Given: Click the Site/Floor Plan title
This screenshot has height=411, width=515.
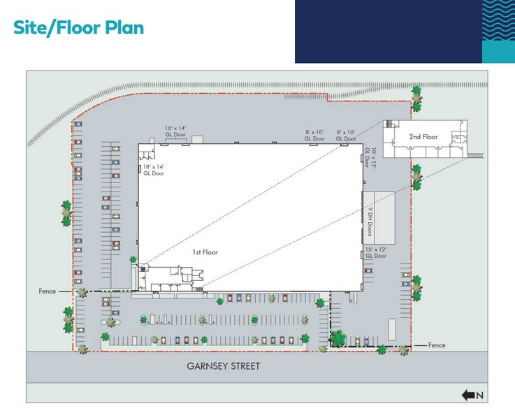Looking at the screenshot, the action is tap(78, 27).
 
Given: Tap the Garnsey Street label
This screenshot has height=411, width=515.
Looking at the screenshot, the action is tap(224, 366).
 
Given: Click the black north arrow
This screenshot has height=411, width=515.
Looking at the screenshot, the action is tap(468, 395).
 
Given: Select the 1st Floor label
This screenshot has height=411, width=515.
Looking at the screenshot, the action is tap(205, 252).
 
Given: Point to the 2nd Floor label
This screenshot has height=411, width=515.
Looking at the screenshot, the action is tap(423, 137).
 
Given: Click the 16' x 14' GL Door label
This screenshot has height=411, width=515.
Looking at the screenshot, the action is tap(175, 131).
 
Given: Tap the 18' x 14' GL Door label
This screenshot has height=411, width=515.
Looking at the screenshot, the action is tap(154, 170).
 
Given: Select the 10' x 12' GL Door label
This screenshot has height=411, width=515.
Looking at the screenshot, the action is tap(370, 158).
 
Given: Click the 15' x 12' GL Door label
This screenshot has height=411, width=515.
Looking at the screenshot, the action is tap(376, 252).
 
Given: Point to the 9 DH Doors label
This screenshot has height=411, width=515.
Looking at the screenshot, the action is tap(370, 221).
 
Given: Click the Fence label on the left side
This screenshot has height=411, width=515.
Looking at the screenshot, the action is tap(48, 291).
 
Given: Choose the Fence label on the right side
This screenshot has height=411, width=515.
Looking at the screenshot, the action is tap(437, 345).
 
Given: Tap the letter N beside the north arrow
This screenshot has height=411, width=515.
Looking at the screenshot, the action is tap(480, 396).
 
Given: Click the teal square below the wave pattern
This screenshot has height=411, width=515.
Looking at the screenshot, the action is tap(498, 52).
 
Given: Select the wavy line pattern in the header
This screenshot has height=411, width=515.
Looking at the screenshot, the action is tap(498, 20).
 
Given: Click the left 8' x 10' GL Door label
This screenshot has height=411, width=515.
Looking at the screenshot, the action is tap(314, 136).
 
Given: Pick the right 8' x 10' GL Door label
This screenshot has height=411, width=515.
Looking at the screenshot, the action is tap(346, 136).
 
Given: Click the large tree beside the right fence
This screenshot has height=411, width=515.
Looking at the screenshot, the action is tap(338, 338).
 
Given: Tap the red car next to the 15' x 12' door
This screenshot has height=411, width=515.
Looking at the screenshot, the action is tap(368, 271).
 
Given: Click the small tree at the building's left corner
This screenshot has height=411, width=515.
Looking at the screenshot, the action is tap(133, 259).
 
